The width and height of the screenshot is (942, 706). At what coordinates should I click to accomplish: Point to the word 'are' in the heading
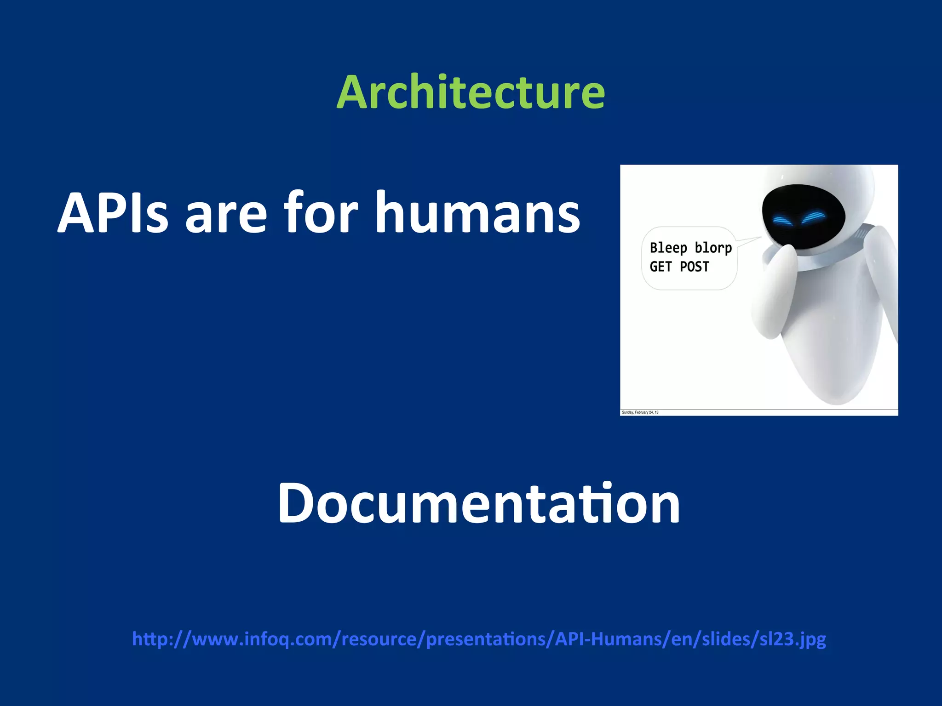pos(225,216)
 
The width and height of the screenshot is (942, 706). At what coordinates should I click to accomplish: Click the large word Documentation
pos(478,503)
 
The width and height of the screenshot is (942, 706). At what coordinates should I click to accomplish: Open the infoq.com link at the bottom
pos(478,639)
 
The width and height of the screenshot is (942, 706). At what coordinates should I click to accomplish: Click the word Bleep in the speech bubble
pos(668,248)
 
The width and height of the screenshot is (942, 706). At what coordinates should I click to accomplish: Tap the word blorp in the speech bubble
pos(713,248)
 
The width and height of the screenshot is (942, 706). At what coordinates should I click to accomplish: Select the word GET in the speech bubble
pos(661,267)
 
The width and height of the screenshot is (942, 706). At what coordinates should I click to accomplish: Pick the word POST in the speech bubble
pos(694,267)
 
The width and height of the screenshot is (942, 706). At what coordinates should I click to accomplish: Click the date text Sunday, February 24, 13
pos(640,412)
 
